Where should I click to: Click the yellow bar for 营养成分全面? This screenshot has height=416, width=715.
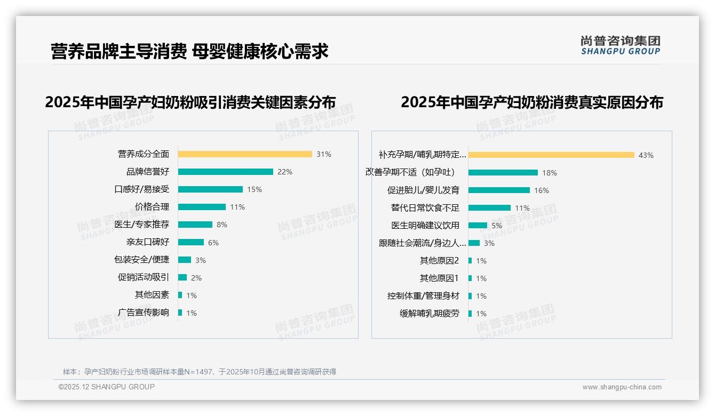pos(245,154)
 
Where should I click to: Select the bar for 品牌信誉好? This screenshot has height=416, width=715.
pos(225,172)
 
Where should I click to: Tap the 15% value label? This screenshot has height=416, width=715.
pos(255,189)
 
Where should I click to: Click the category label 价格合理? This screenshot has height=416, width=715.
pos(152,207)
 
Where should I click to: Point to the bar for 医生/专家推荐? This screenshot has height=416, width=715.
pos(195,225)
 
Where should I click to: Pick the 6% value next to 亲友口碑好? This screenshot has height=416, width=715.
pos(213,243)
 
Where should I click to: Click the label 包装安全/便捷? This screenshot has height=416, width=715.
pos(141,260)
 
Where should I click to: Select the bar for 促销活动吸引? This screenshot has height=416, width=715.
pos(182,277)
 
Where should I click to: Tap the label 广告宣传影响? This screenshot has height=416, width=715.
pos(144,313)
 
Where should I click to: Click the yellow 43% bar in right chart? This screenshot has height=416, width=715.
pos(551,155)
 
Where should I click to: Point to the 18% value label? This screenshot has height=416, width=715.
pos(550,173)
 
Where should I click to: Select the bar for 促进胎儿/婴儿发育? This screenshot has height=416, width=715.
pos(499,190)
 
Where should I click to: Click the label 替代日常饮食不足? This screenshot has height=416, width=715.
pos(425,208)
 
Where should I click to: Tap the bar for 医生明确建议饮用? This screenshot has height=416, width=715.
pos(478,226)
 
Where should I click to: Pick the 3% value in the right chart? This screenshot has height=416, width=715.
pos(489,243)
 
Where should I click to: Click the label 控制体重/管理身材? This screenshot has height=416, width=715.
pos(423,296)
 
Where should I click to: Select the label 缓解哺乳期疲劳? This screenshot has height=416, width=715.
pos(430,314)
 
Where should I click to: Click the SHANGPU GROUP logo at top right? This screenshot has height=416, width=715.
pos(621,45)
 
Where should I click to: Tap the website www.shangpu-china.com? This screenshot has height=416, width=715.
pos(622,387)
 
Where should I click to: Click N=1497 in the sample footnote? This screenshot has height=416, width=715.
pos(200,372)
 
